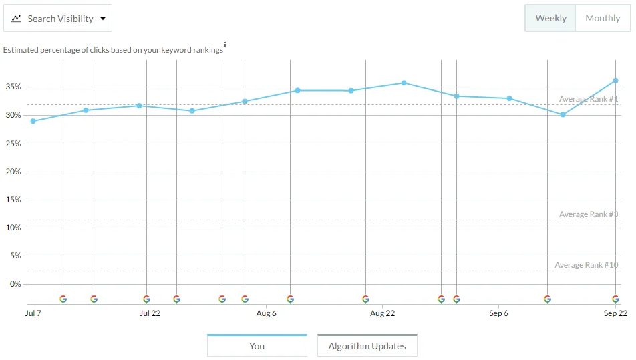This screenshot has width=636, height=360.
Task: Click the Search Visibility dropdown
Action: [58, 19]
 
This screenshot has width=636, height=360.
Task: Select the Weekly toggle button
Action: [550, 18]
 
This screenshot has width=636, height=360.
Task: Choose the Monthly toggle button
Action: [603, 18]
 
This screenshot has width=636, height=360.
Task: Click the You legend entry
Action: [257, 346]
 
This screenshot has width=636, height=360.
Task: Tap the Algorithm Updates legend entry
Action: [367, 346]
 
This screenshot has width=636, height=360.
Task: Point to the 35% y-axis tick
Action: [13, 87]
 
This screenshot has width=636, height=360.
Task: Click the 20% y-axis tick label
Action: [13, 172]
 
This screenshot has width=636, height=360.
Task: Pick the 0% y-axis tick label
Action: [15, 284]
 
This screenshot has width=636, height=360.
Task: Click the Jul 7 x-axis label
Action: [33, 313]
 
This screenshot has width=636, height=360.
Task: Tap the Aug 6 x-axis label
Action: [266, 313]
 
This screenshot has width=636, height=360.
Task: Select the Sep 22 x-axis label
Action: [615, 313]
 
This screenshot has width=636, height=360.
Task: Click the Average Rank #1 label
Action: [589, 99]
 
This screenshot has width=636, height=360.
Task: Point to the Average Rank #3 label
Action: [589, 214]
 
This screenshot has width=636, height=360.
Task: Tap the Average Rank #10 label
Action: [587, 265]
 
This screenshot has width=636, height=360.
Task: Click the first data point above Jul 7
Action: [33, 121]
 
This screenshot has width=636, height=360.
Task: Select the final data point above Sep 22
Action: [615, 81]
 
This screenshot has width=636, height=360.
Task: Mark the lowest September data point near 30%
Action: [563, 115]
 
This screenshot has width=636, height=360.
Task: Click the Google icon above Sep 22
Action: [615, 299]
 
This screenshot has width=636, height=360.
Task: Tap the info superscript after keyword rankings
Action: [225, 45]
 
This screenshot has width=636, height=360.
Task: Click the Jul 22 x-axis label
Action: [150, 313]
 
